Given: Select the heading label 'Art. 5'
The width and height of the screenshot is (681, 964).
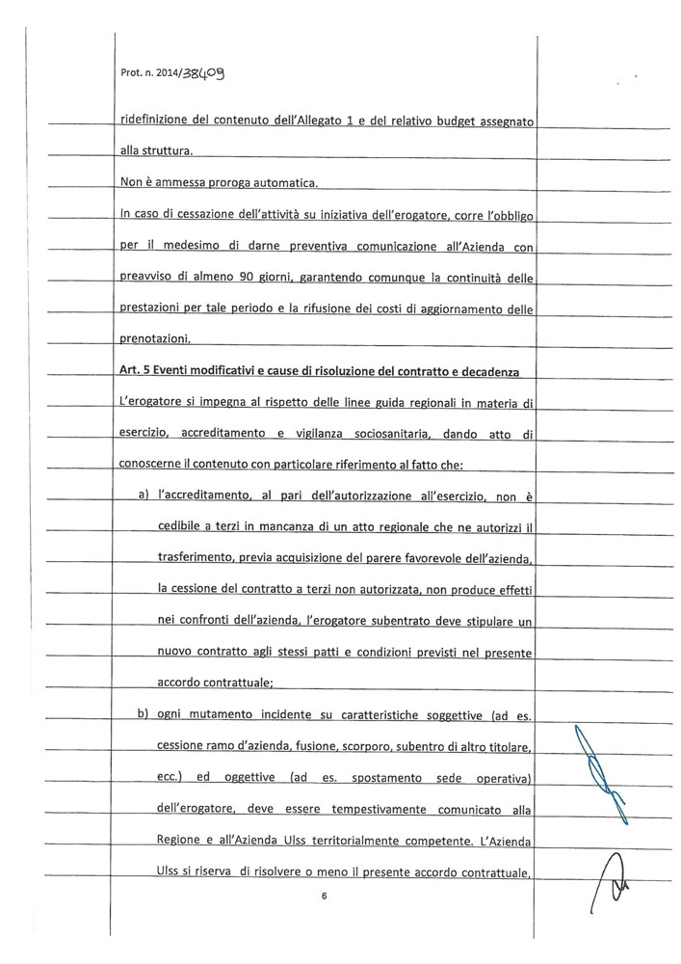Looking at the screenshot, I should click(136, 372).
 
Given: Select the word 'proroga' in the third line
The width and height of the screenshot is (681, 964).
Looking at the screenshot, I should click(242, 182).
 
